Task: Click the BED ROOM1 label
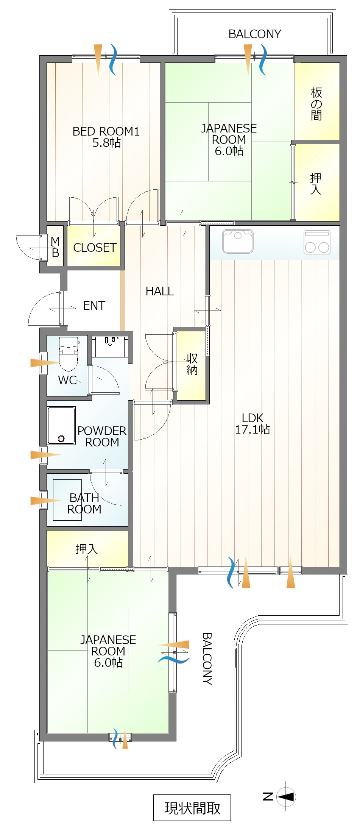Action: pos(106,137)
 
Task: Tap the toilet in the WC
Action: pos(69,354)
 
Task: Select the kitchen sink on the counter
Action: pos(238,241)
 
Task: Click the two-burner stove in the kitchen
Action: pos(317,242)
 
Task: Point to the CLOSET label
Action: pos(95,248)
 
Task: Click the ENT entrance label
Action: pos(94,306)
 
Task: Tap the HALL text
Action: pos(160,291)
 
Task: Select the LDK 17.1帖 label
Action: pos(252,423)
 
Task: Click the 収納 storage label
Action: pos(192,364)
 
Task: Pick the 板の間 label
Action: pos(316,104)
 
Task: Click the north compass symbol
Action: pos(286,797)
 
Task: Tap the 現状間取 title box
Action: pos(192,808)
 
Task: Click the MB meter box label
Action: pos(55,247)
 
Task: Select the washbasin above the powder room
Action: pos(110,346)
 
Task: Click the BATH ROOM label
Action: pos(84,503)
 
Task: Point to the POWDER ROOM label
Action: pos(102,436)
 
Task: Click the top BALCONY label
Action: pos(255,34)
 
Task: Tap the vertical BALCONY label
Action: pos(207,659)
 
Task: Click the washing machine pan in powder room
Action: pos(61,426)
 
